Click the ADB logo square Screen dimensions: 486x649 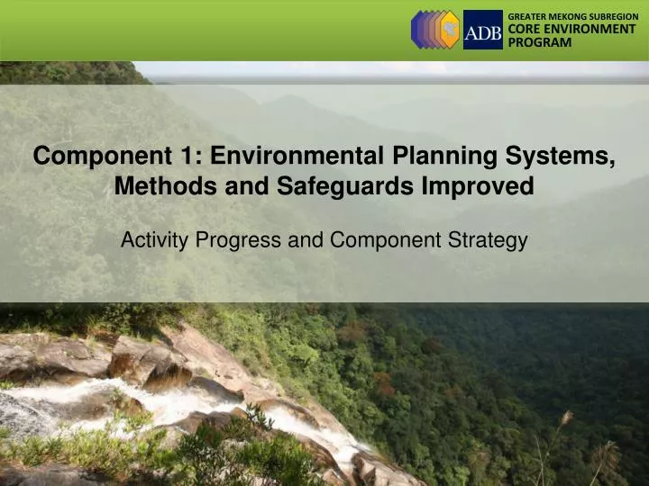[483, 30]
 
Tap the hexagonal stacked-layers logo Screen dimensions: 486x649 [435, 30]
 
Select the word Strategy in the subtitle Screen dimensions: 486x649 [491, 240]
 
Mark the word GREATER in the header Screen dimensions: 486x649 [526, 16]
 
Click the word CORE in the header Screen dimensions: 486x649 [524, 30]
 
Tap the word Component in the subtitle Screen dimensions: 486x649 [390, 240]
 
